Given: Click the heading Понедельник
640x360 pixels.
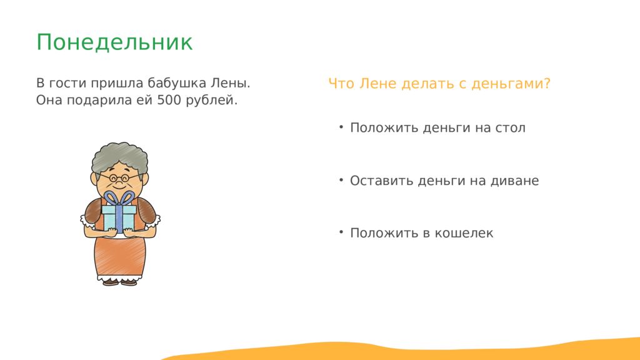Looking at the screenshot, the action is pyautogui.click(x=114, y=42).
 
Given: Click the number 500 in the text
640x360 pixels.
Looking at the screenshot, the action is pyautogui.click(x=169, y=100).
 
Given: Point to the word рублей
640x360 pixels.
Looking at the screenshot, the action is pyautogui.click(x=211, y=101).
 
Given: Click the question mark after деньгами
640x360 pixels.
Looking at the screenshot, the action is pyautogui.click(x=547, y=83).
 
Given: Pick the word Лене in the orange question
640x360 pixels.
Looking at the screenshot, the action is pyautogui.click(x=377, y=84).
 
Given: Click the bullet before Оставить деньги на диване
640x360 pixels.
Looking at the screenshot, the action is pyautogui.click(x=341, y=179).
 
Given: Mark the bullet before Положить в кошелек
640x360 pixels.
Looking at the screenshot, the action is pyautogui.click(x=341, y=232).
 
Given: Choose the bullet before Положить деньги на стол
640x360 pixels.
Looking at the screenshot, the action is pyautogui.click(x=341, y=127).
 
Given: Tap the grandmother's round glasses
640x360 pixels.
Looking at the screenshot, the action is pyautogui.click(x=119, y=178).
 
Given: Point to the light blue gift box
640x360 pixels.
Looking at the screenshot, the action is pyautogui.click(x=119, y=218).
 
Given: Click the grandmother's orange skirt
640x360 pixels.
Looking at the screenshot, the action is pyautogui.click(x=120, y=256).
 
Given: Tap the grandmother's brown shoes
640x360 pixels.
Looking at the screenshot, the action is pyautogui.click(x=119, y=282).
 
